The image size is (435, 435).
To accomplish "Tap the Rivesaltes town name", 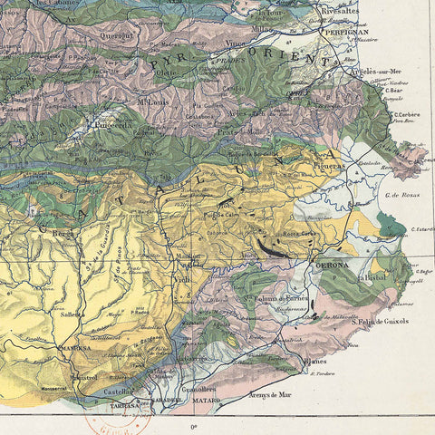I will pos(340,11).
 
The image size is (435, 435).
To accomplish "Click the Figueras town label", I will pos(330,165).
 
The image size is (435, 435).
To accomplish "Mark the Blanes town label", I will pos(313,360).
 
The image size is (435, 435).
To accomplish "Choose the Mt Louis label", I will pos(155,101).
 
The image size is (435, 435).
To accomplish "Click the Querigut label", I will pos(127,37).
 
